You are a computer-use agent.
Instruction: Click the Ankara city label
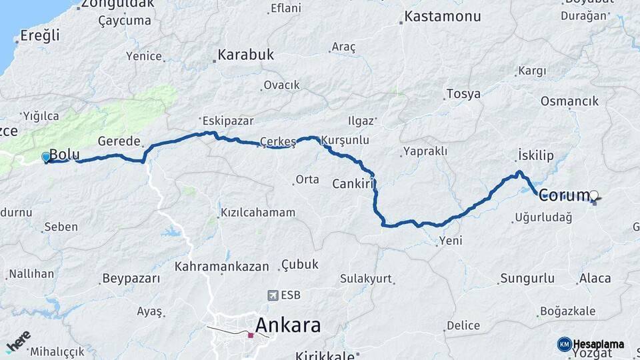287,326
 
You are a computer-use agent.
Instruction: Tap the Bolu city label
64,155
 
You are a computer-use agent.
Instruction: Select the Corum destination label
564,195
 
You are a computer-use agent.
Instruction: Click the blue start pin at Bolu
45,157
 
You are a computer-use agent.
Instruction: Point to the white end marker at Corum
594,195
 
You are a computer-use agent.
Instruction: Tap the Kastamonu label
443,16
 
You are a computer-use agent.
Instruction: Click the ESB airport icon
273,295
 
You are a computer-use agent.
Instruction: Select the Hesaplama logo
591,344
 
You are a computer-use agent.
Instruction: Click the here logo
18,341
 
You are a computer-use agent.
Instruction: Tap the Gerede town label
119,141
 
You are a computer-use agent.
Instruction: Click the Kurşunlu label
345,141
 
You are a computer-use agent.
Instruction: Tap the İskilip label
536,155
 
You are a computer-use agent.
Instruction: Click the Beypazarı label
131,278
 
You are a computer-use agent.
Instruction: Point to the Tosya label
463,94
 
